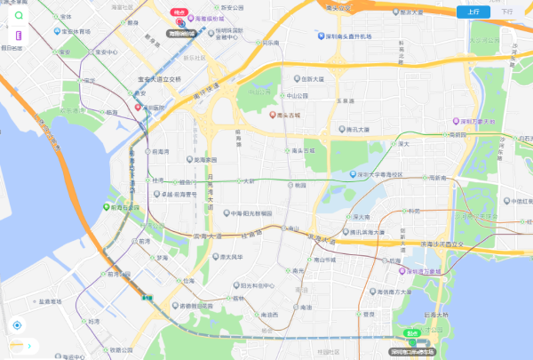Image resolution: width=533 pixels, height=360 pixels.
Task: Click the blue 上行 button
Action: [473, 12]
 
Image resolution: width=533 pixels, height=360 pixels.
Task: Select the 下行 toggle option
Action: [506, 12]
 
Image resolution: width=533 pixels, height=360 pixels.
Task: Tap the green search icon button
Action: [18, 16]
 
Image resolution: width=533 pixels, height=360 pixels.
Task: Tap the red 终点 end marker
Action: [180, 12]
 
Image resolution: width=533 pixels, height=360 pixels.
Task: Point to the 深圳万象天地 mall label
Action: [481, 120]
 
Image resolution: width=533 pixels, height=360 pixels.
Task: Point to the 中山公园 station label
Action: [296, 95]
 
